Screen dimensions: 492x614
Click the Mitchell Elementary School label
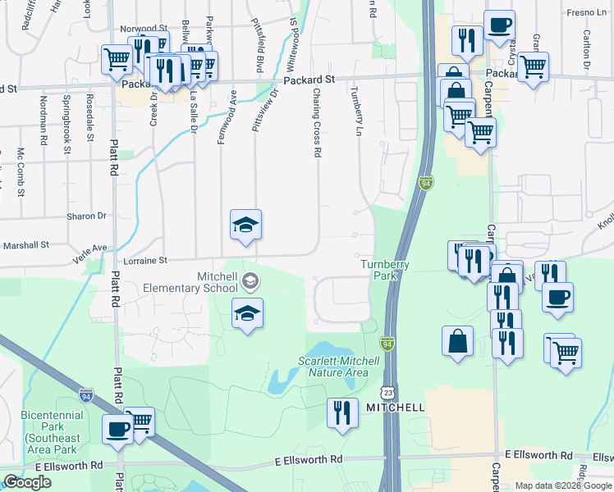point(190,282)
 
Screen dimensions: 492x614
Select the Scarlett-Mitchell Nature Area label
point(332,367)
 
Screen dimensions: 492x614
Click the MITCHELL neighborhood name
point(395,408)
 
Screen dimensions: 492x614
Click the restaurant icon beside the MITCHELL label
point(342,412)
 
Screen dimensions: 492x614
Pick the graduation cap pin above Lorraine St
point(245,225)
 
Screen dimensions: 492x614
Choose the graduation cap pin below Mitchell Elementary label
point(247,313)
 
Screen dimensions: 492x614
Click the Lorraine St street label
point(145,261)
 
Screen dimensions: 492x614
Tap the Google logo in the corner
point(27,482)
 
